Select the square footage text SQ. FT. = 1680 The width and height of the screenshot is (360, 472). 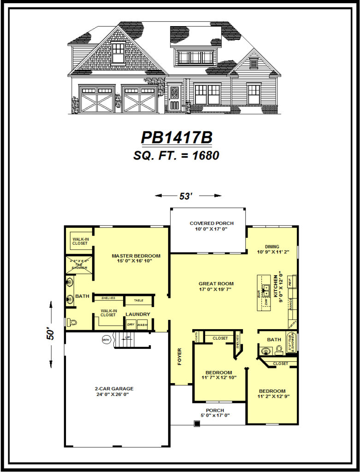coord(177,155)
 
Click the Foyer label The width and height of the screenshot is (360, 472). coord(180,356)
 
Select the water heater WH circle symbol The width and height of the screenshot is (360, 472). coord(106,340)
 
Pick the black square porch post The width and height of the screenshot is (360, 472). coord(197,424)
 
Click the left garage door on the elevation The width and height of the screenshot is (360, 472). coord(96,99)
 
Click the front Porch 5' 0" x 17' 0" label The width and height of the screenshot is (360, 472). coord(215,413)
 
